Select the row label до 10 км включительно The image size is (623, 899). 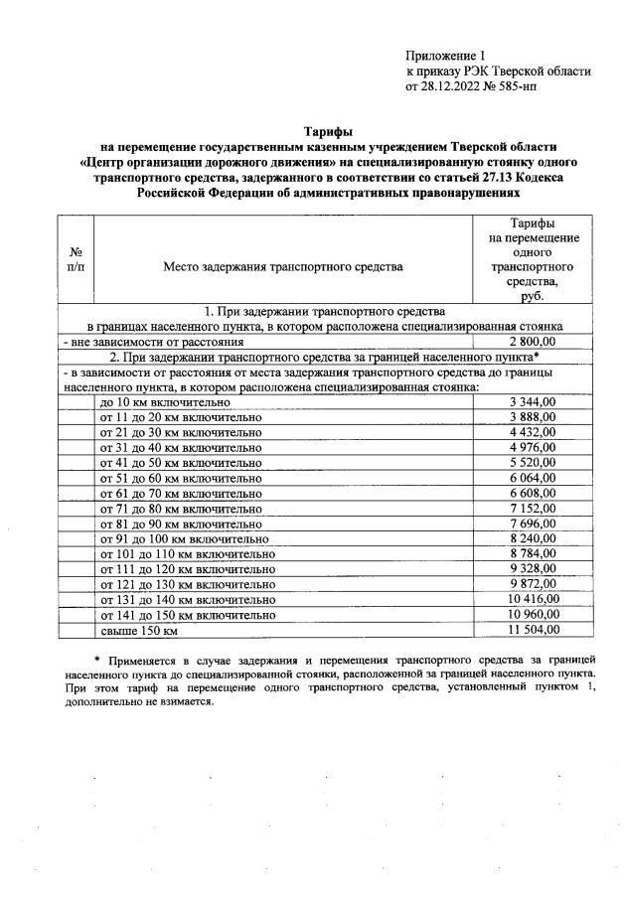coord(166,402)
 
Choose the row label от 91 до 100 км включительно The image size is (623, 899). coord(185,538)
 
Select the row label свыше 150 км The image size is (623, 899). coord(139,630)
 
